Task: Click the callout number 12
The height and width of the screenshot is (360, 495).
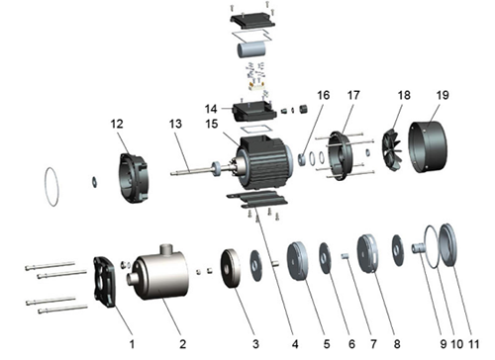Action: (117, 124)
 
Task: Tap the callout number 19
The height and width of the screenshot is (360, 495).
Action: (443, 95)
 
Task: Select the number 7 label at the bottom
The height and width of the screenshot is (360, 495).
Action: (373, 344)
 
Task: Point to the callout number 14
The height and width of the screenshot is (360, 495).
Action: (211, 109)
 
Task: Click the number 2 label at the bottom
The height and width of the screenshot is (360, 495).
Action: (182, 344)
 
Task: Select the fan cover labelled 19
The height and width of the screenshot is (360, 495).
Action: (428, 146)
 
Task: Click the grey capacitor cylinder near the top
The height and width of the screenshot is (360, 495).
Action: (251, 49)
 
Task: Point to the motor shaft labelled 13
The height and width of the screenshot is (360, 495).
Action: (191, 170)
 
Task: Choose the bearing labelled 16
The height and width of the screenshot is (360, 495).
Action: (302, 159)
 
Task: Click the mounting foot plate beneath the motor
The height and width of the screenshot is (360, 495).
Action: (256, 200)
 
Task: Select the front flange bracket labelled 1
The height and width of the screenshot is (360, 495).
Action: (105, 282)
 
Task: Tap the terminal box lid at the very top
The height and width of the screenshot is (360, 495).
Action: (252, 21)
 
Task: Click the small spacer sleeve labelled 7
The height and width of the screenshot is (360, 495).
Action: (345, 256)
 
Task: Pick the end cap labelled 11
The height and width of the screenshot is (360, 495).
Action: (447, 244)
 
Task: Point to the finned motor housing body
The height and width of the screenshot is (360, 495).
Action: (264, 161)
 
